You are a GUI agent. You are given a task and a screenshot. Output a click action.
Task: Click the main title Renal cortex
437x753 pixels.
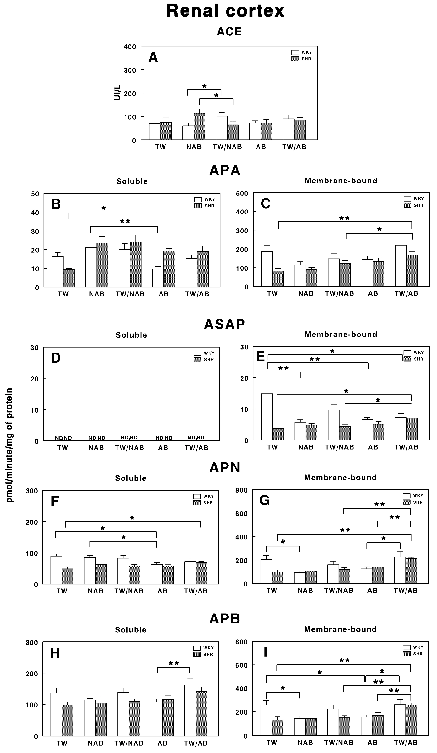tap(225, 11)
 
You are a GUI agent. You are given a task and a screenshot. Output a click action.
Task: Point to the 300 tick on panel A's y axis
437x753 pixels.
tap(130, 70)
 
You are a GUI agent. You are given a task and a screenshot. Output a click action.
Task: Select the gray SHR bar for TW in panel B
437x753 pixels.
tap(69, 278)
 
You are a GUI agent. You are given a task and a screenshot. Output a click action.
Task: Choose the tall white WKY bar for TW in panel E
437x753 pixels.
tap(267, 417)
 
